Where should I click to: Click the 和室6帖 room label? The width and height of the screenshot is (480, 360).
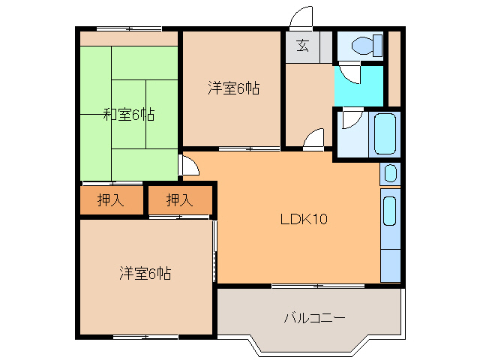point(129,115)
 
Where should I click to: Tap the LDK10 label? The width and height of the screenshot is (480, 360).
point(303,220)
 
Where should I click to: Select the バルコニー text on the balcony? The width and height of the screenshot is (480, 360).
point(314,318)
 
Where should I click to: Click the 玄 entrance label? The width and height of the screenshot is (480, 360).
point(301,45)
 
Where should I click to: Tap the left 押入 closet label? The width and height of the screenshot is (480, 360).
point(110,200)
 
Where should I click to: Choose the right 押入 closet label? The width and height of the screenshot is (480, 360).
point(179,200)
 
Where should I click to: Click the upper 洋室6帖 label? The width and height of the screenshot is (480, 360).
point(233,88)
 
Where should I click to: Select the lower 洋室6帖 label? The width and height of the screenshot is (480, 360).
point(145,274)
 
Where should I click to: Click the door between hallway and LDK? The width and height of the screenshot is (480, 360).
point(314,139)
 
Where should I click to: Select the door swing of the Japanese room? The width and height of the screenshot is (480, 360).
point(189,166)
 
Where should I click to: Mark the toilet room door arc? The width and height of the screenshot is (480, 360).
point(349,73)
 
